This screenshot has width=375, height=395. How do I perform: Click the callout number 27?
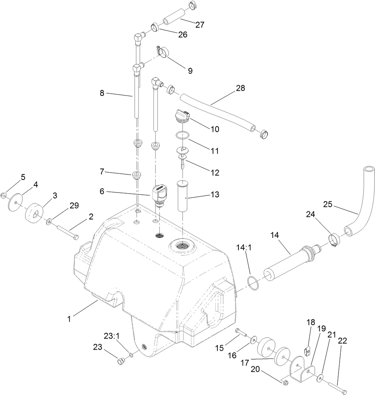pyautogui.click(x=200, y=25)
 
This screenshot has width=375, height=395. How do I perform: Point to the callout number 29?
pyautogui.click(x=74, y=206)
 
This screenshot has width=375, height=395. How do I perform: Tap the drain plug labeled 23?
pyautogui.click(x=120, y=361)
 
